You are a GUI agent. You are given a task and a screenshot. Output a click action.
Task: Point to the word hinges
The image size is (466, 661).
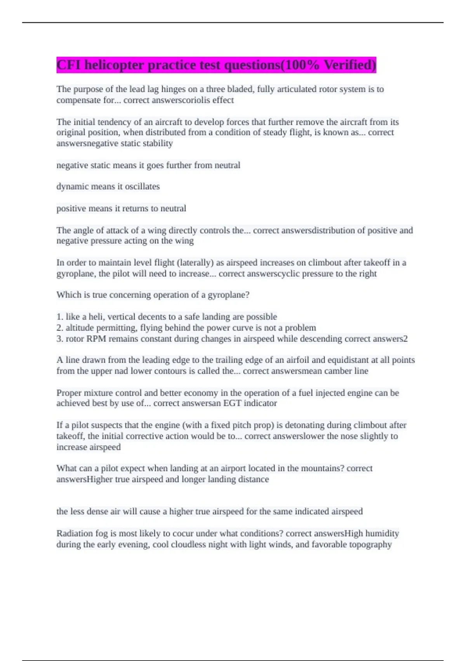pyautogui.click(x=174, y=89)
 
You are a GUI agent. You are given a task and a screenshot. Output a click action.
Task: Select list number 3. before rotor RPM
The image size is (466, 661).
pyautogui.click(x=60, y=339)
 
